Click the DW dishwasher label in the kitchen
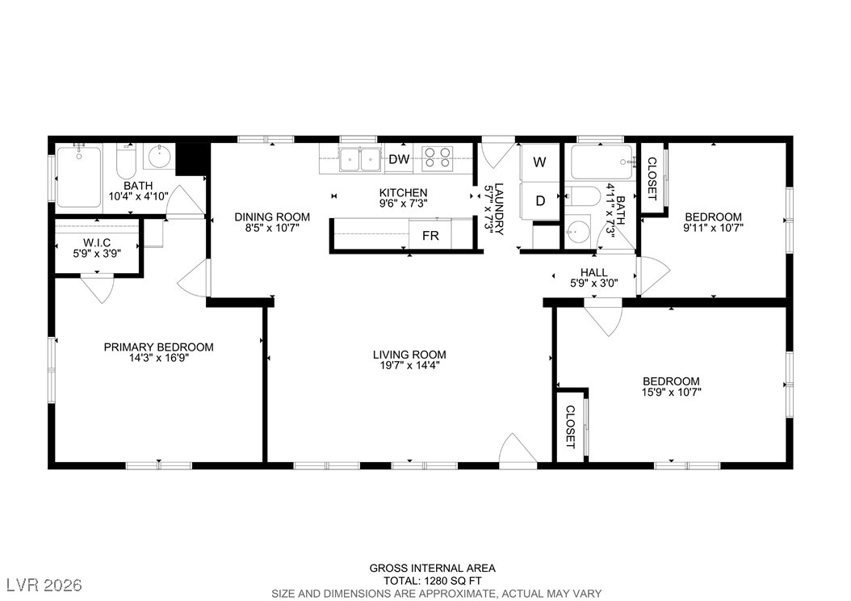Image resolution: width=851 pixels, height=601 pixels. (x=400, y=159)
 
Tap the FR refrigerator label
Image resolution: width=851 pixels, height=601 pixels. (x=430, y=236)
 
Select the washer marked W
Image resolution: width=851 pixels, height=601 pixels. (x=539, y=162)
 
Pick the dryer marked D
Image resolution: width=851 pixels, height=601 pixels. (x=540, y=201)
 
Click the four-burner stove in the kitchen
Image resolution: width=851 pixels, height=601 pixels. (x=438, y=158)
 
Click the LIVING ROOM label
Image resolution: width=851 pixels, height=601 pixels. (x=409, y=355)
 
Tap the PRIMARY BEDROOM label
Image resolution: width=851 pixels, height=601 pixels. (x=158, y=347)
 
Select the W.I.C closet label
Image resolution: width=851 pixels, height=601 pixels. (x=97, y=242)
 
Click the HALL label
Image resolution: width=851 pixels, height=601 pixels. (x=593, y=272)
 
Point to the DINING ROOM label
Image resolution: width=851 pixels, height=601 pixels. (x=272, y=217)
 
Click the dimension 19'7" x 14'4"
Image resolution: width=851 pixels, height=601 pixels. (x=409, y=365)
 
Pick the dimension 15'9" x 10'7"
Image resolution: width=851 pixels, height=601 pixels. (x=672, y=392)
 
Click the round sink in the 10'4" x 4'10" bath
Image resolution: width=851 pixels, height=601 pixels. (x=159, y=157)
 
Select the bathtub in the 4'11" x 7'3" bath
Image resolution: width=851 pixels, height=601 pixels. (x=602, y=162)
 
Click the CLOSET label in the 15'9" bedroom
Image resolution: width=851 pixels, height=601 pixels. (x=570, y=427)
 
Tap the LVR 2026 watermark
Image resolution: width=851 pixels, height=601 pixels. (x=44, y=585)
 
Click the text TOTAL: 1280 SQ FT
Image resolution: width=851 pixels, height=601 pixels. (x=433, y=580)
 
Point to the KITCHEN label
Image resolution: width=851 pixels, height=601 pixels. (x=403, y=193)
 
